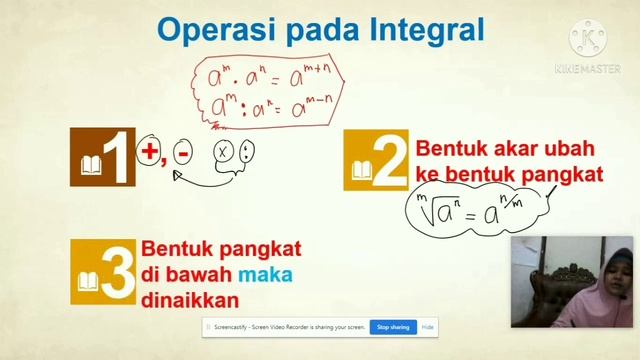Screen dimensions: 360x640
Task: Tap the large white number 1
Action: tap(118, 159)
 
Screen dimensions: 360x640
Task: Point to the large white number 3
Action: tap(117, 273)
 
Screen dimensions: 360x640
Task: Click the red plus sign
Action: tap(150, 152)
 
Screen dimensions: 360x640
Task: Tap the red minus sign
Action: tap(182, 154)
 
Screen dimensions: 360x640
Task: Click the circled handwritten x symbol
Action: tap(223, 153)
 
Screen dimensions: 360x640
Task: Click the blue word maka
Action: tap(265, 273)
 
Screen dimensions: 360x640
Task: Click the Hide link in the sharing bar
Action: tap(427, 327)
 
